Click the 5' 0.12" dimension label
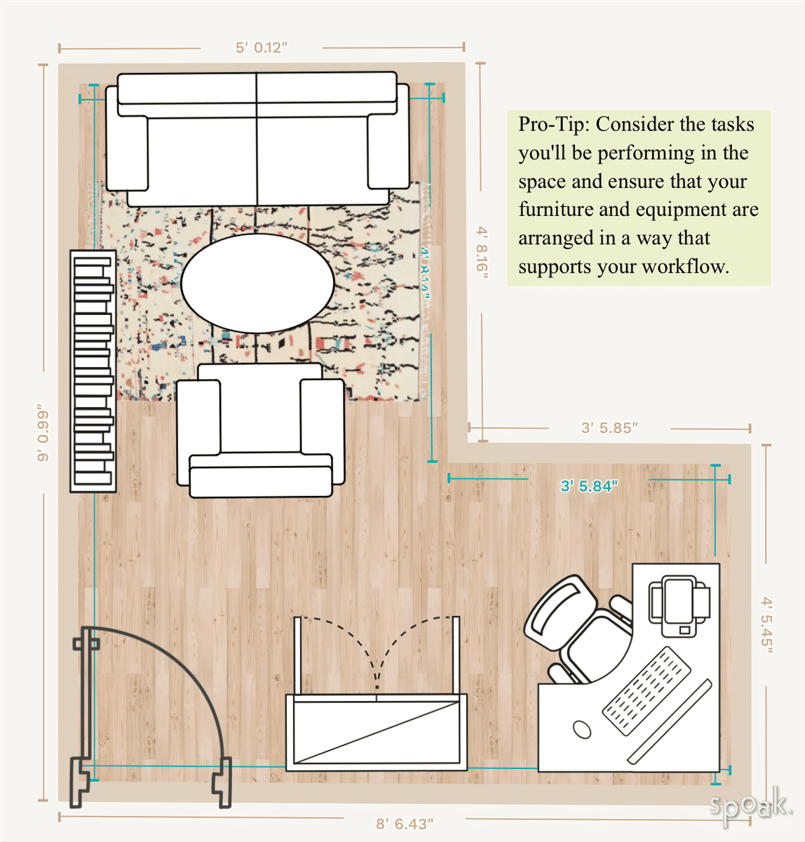261,48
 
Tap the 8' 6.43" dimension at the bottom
405,823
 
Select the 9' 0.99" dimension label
43,432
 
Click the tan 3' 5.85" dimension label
609,427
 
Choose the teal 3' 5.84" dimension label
589,486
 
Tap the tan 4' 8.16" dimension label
481,253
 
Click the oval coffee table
257,283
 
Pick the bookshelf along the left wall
93,370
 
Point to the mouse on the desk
582,729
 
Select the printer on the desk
679,606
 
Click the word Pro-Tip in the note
553,125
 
